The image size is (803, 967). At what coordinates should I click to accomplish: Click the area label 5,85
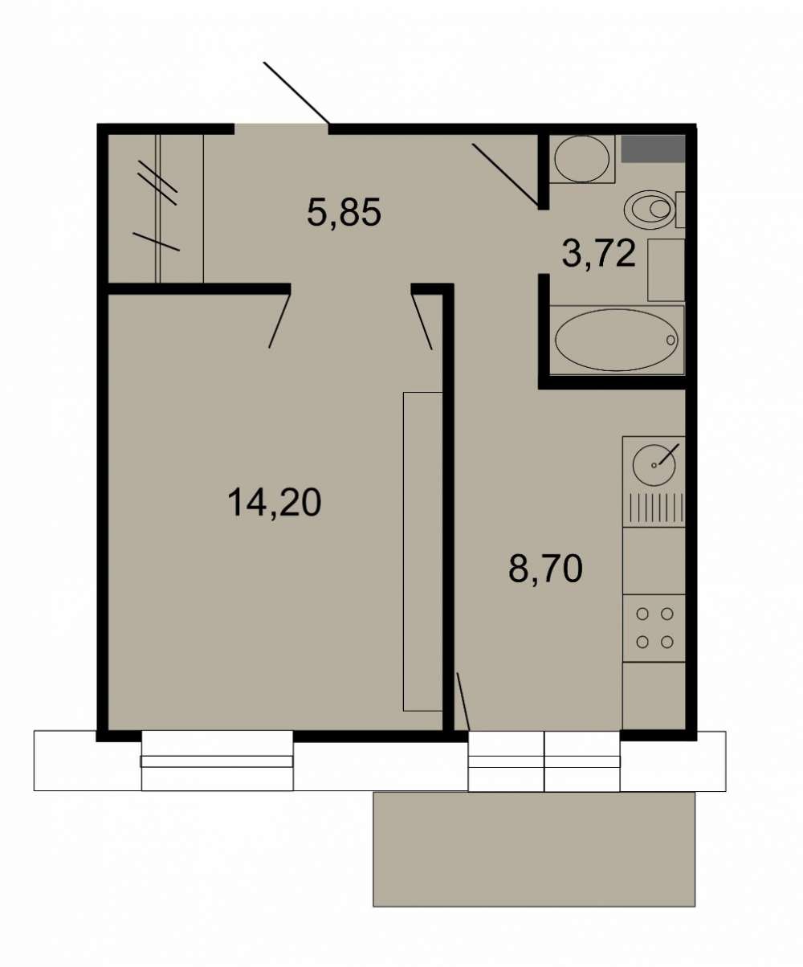tap(344, 213)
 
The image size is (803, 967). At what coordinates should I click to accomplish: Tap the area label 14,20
tap(275, 503)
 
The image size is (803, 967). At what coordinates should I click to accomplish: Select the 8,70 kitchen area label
tap(545, 569)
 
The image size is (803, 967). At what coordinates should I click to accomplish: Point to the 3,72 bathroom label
tap(599, 254)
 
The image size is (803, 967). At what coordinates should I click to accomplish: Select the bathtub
tap(617, 341)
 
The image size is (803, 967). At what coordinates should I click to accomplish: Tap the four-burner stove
tap(654, 628)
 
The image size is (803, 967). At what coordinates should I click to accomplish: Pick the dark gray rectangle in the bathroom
tap(653, 149)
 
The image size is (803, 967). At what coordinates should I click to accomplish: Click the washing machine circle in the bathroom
tap(581, 159)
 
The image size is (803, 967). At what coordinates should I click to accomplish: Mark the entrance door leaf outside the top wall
tap(297, 93)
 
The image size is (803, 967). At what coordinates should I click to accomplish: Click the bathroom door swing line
tap(505, 174)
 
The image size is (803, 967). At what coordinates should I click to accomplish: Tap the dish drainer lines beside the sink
tap(654, 507)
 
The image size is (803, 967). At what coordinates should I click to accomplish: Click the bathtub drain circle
tap(670, 340)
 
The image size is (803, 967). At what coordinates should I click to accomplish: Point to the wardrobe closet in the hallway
tap(156, 208)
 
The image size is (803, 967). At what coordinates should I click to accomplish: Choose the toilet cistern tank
tap(680, 210)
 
